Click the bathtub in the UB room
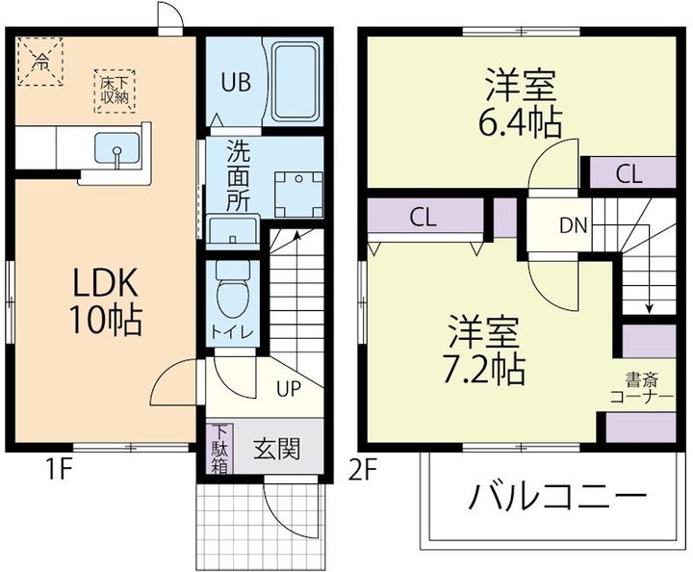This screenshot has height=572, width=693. [294, 81]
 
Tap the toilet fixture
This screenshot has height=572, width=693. [232, 289]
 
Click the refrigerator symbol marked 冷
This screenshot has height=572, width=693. [39, 62]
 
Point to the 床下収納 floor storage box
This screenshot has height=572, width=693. [115, 88]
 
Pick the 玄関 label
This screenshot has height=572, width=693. [273, 450]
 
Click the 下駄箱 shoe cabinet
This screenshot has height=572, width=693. [220, 449]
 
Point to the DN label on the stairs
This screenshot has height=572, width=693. [574, 227]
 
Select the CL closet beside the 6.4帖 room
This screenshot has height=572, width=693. [629, 174]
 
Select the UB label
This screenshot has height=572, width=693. [236, 82]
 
